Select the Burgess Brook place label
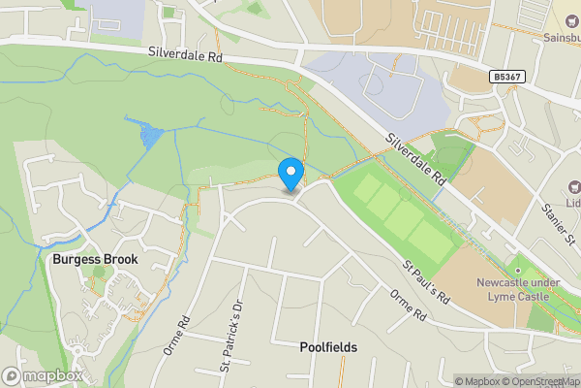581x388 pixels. coord(95,259)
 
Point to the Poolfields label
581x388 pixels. coord(328,346)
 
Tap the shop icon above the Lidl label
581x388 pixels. coord(572,185)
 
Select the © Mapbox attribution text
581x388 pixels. coord(475,381)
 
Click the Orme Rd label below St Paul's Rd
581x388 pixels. coord(408,307)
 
